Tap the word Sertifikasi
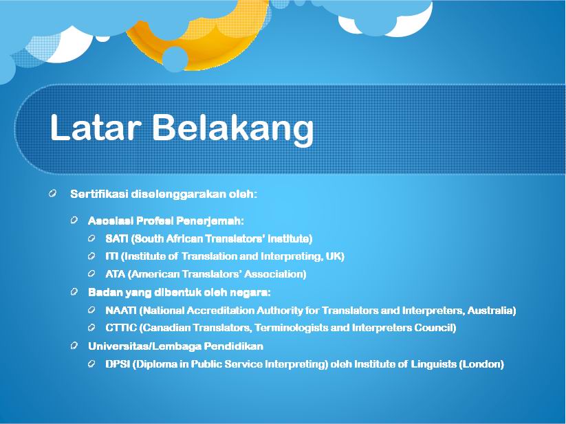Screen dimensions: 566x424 click(x=99, y=194)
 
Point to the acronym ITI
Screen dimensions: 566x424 click(x=111, y=256)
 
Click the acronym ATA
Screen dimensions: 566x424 click(x=115, y=274)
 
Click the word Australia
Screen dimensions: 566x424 click(x=491, y=310)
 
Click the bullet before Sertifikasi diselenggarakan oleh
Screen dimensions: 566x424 click(x=52, y=193)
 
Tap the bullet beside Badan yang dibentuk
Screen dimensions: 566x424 click(x=74, y=291)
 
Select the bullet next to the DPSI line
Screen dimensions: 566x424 click(x=91, y=363)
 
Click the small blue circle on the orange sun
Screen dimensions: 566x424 click(x=175, y=59)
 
